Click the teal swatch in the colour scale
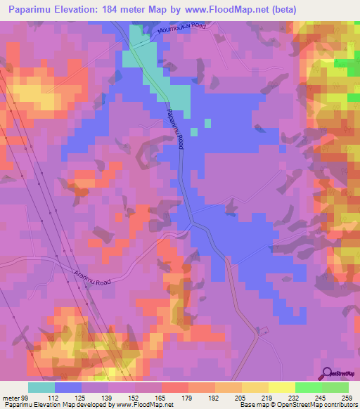(x=41, y=387)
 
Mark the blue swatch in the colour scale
(x=68, y=387)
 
